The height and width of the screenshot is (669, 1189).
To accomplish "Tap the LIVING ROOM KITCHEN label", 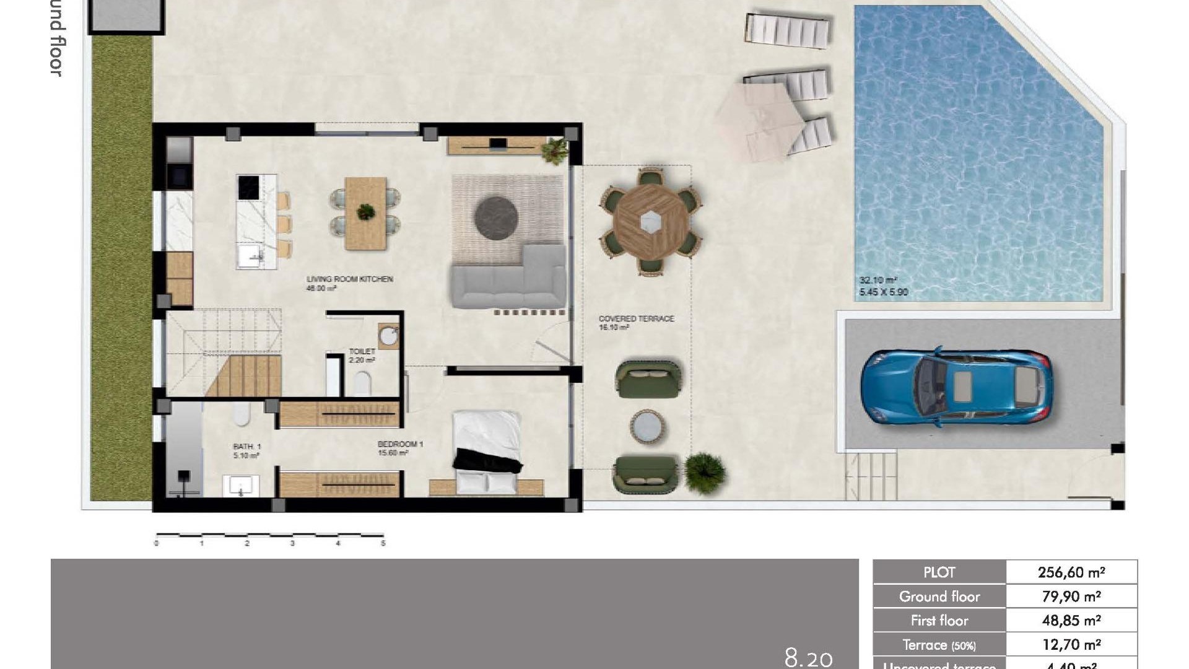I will click(349, 279).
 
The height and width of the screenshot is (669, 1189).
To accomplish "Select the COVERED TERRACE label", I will click(636, 318).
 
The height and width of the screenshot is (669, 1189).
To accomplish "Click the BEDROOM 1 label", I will click(400, 444).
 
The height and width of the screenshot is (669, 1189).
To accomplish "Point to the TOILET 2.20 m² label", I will click(362, 356).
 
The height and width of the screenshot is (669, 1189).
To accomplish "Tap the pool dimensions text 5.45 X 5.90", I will click(884, 292).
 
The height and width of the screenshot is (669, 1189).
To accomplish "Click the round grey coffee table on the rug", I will click(495, 217).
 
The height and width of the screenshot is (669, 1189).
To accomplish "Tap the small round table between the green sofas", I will click(648, 427).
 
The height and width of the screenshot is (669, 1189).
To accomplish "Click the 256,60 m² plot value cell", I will click(1071, 572).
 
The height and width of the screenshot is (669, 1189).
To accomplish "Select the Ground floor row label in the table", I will click(939, 597).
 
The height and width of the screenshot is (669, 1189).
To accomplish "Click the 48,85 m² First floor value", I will click(1071, 621).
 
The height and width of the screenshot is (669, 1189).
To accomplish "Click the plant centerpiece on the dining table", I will click(365, 212).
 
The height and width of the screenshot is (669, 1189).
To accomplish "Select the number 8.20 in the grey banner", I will click(808, 657).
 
